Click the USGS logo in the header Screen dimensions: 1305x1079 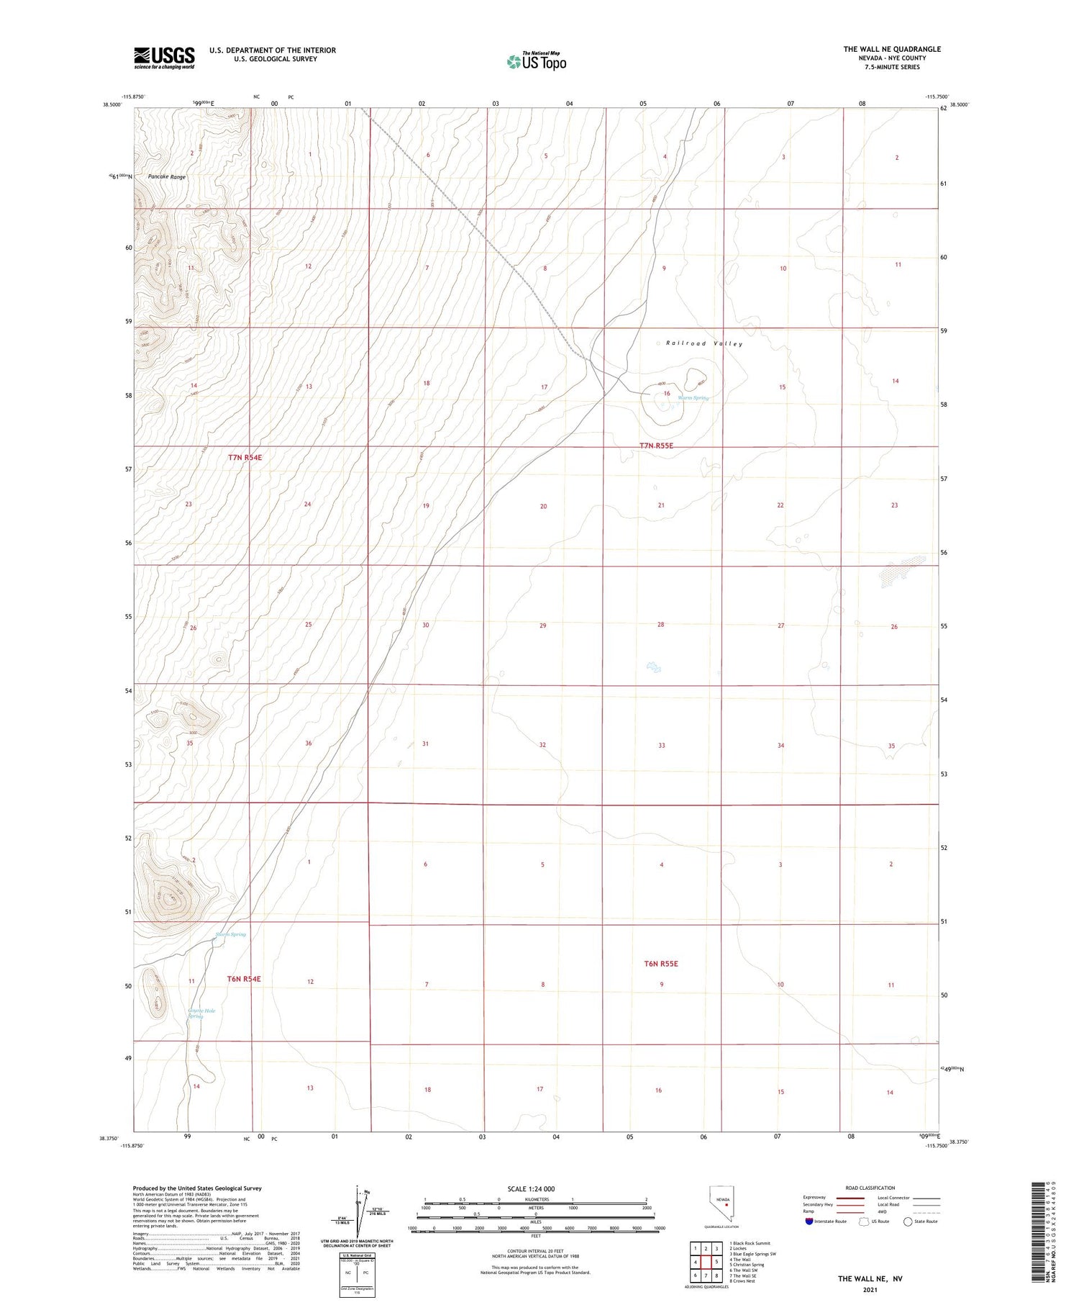pos(164,58)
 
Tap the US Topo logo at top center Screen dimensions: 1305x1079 pos(537,61)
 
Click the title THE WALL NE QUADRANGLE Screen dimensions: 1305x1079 pos(892,49)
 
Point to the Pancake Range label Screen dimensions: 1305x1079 pos(167,177)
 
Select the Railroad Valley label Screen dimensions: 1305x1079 pos(704,344)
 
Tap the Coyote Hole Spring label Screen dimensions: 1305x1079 pos(201,1013)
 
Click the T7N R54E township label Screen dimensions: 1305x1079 pos(245,458)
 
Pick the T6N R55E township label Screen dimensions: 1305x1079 pos(660,964)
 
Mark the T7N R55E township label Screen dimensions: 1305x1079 pos(656,446)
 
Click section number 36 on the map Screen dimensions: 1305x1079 pos(308,744)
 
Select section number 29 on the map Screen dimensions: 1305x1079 pos(542,626)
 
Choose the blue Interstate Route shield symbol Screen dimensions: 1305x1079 pos(809,1222)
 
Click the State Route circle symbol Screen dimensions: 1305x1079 pos(908,1222)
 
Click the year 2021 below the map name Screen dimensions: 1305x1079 pos(869,1290)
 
